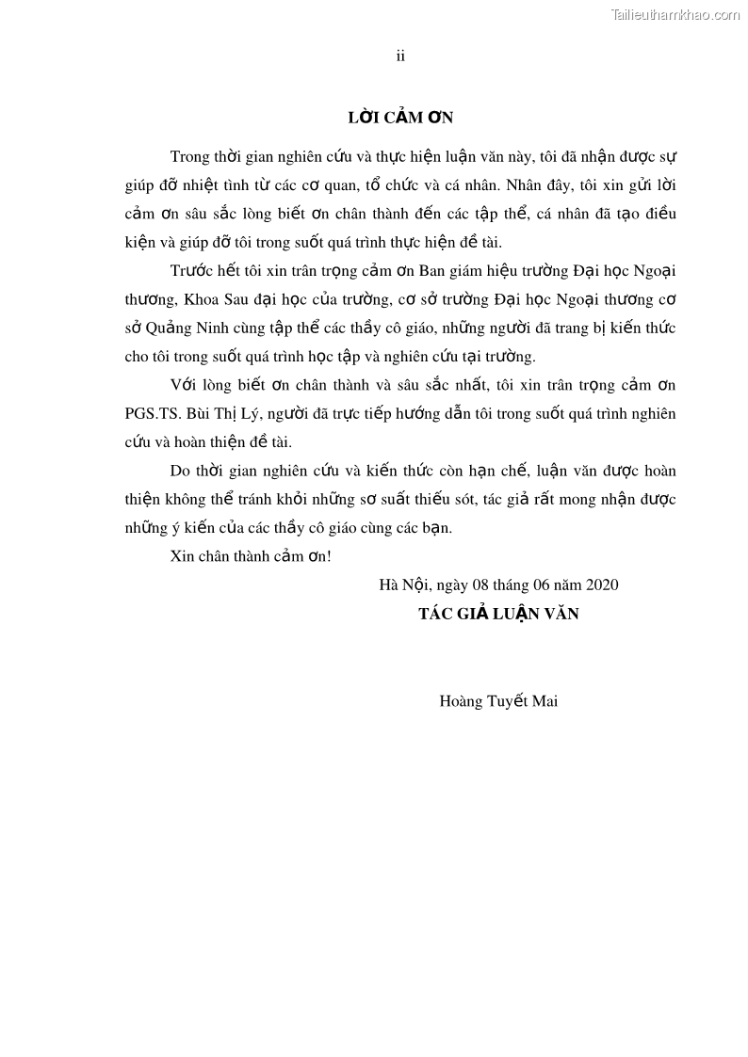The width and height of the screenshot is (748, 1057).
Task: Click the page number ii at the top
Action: (400, 56)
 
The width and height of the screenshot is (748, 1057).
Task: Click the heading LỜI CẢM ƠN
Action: (400, 118)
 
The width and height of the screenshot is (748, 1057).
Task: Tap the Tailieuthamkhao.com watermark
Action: (675, 14)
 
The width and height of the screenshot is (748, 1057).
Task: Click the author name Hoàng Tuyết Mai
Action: (498, 700)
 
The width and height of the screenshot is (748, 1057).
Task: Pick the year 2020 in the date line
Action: (601, 585)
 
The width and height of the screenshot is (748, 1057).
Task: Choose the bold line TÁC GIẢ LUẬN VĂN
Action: (498, 614)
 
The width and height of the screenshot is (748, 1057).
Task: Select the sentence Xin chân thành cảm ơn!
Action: (251, 556)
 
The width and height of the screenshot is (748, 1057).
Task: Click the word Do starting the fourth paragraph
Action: (180, 471)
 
